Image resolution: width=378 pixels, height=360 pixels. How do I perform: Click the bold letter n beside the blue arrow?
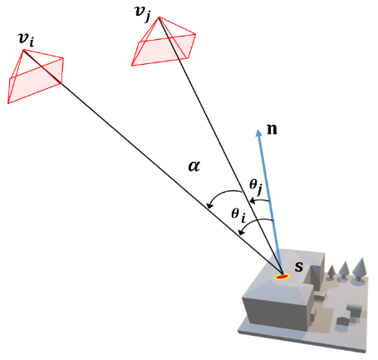pos(271,129)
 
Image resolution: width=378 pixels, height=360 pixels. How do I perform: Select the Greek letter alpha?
pos(194,166)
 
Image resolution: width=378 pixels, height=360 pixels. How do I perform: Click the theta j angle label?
pos(256,185)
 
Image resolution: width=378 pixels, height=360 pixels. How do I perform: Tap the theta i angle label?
pos(239,215)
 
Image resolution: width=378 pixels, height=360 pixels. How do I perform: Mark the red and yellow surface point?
pos(282,275)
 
